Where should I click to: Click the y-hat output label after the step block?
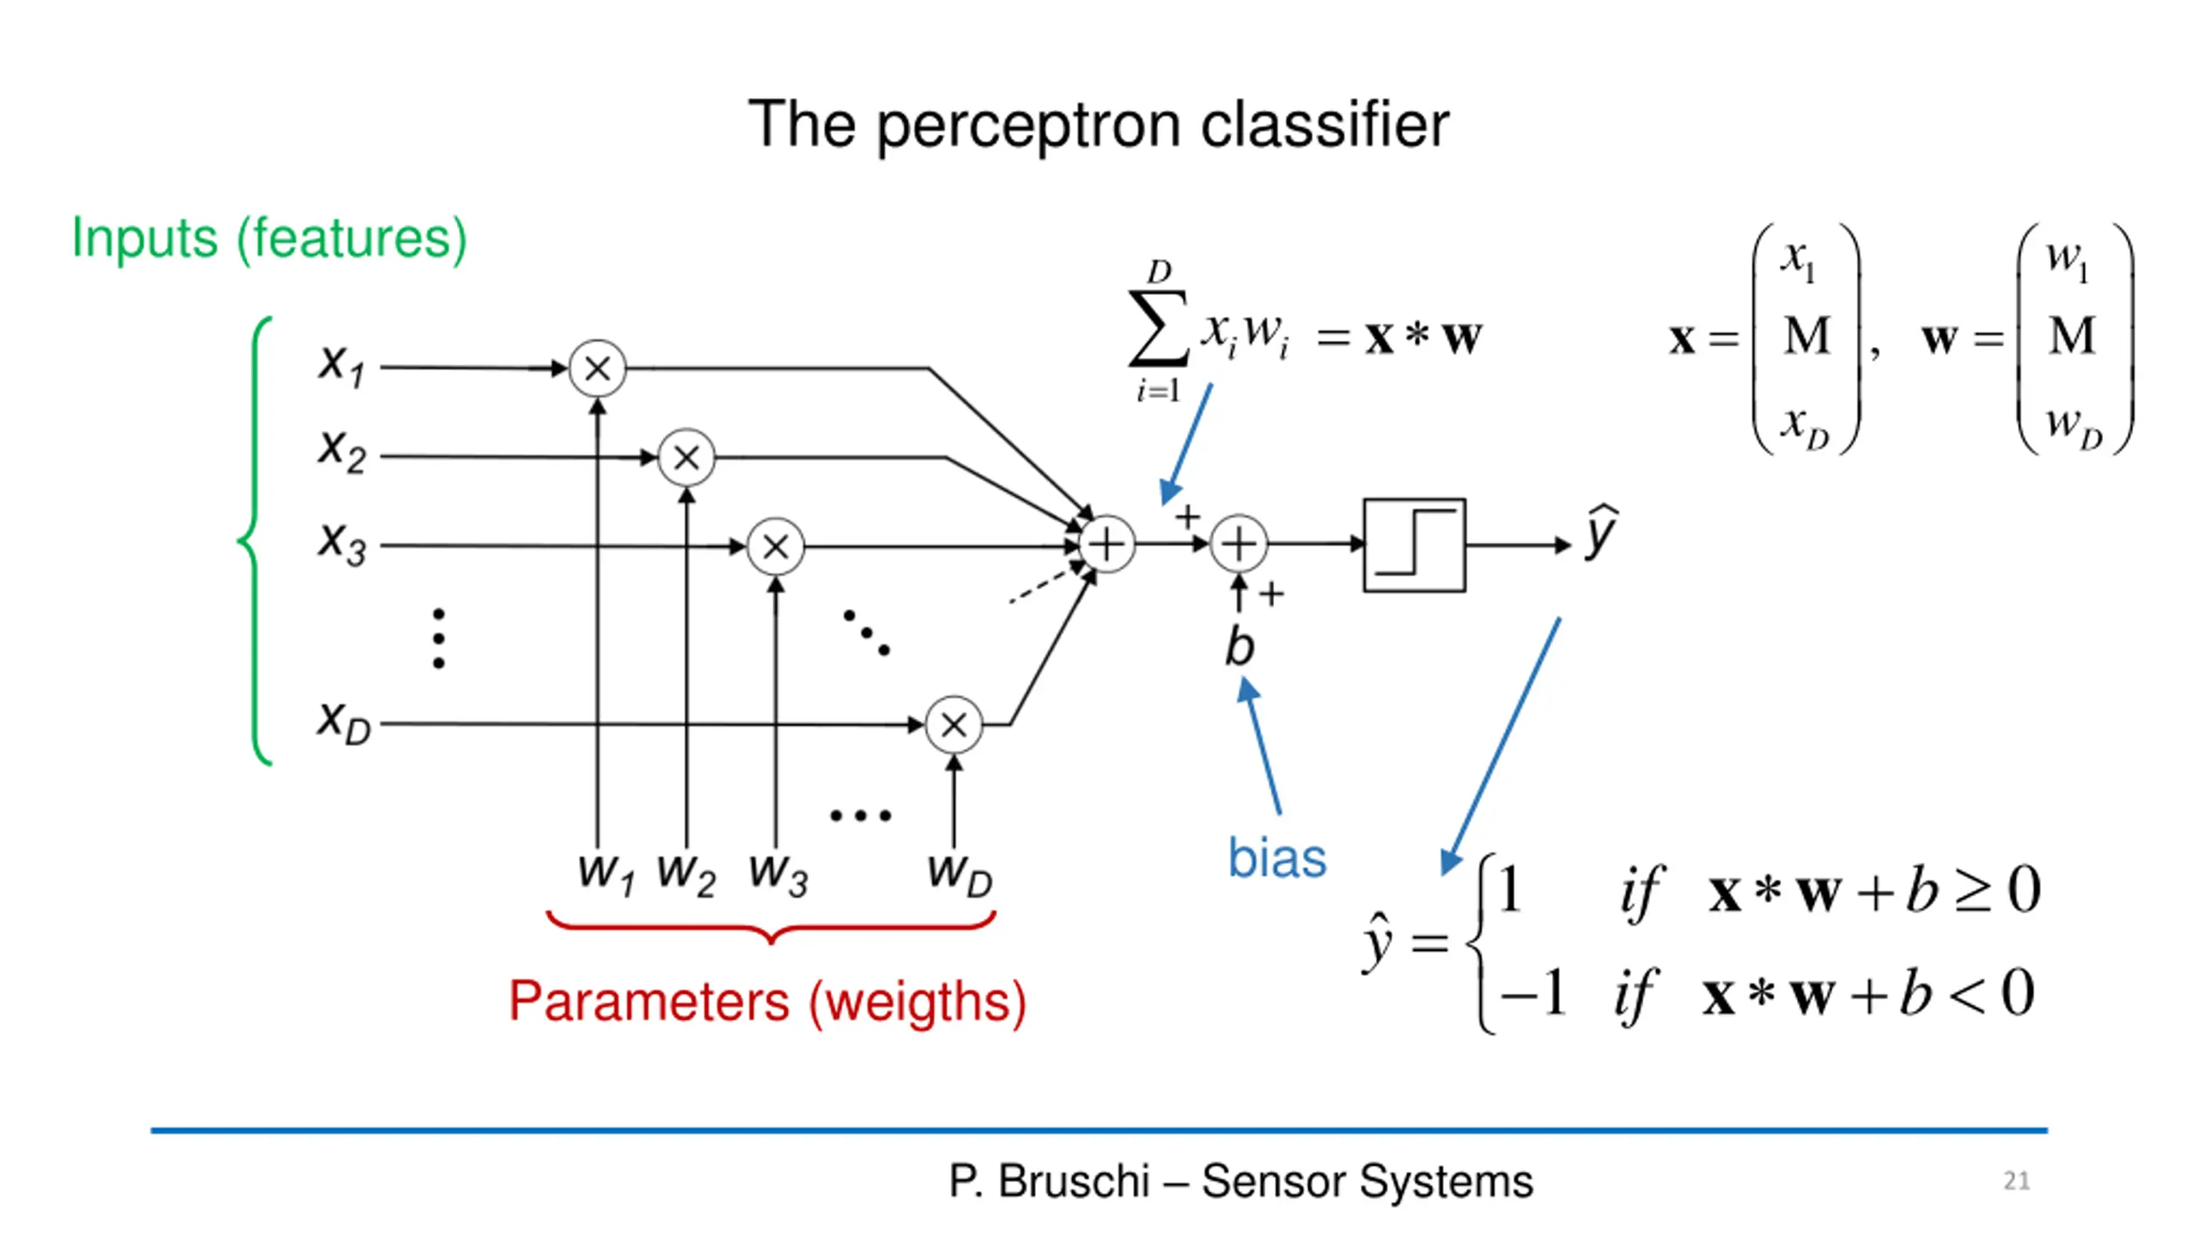(x=1601, y=532)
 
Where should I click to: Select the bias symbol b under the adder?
(x=1240, y=645)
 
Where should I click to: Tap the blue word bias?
(x=1277, y=857)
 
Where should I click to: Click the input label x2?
(x=342, y=449)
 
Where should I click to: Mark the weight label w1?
(x=606, y=872)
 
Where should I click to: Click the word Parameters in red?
(x=649, y=1001)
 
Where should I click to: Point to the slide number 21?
(x=2017, y=1181)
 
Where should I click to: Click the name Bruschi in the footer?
(x=1074, y=1181)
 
